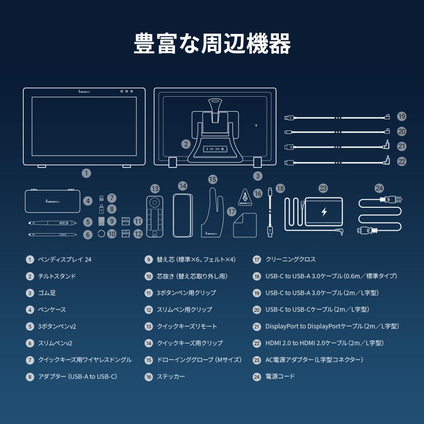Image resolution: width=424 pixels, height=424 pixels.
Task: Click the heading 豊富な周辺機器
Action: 212,44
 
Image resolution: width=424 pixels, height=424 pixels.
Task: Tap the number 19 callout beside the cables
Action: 402,116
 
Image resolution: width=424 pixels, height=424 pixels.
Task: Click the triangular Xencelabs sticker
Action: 244,198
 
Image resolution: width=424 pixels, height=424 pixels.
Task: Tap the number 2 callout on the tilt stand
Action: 186,144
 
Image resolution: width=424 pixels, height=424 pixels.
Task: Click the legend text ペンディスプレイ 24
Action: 64,259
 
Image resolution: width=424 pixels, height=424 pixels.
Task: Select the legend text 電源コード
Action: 280,377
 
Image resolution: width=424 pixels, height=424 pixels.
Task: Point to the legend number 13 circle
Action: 148,326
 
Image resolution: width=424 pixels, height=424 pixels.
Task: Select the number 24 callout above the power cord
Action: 379,188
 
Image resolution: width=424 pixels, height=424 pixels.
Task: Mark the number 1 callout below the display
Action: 86,173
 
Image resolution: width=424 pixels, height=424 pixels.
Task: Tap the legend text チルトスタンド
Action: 57,276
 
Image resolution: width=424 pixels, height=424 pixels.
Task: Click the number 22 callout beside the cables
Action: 402,161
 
